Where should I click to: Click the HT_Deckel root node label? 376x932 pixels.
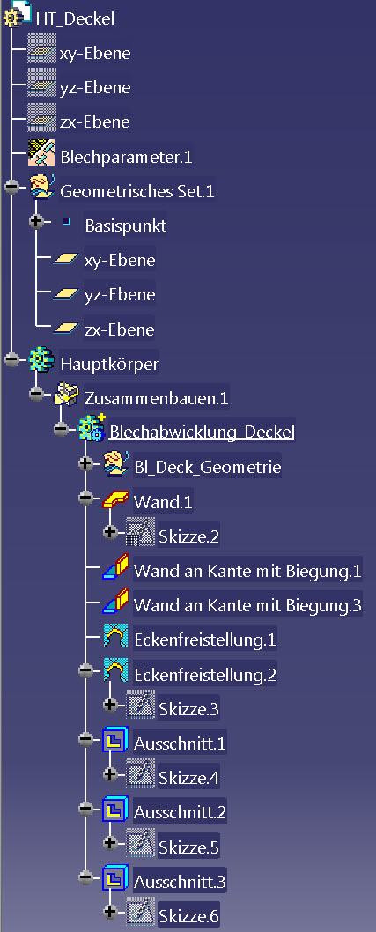click(x=75, y=18)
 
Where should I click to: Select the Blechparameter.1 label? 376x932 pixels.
click(x=126, y=157)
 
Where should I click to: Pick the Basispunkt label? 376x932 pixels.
click(x=125, y=226)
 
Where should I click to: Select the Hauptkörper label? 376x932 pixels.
click(x=109, y=364)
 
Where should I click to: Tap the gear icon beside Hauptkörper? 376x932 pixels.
click(x=41, y=360)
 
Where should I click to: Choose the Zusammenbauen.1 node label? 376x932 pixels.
click(x=157, y=397)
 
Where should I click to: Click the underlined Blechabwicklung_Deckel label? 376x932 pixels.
click(x=202, y=433)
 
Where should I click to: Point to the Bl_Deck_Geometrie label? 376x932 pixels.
click(x=207, y=467)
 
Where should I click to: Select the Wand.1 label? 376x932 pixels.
click(x=164, y=501)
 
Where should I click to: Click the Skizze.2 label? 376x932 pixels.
click(x=189, y=536)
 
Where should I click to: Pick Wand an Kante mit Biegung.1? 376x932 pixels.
click(x=247, y=571)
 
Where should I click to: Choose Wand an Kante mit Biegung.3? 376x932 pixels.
click(x=247, y=605)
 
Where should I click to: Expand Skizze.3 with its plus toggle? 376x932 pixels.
click(x=109, y=705)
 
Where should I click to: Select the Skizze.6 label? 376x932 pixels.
click(x=189, y=916)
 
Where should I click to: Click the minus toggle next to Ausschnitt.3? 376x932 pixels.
click(x=85, y=877)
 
